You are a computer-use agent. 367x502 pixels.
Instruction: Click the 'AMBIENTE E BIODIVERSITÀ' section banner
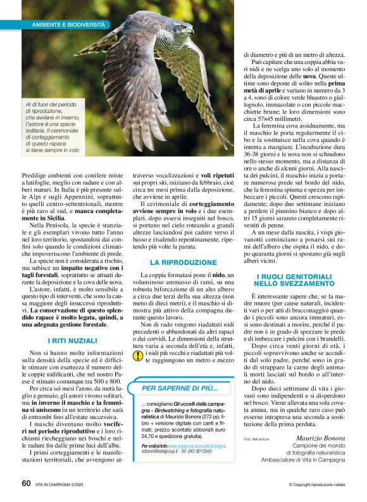click(69, 24)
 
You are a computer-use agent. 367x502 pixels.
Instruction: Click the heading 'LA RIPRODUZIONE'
click(180, 262)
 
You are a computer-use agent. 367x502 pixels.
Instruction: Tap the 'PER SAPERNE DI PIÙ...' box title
click(180, 388)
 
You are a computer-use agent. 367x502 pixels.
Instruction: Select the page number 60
click(26, 483)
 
